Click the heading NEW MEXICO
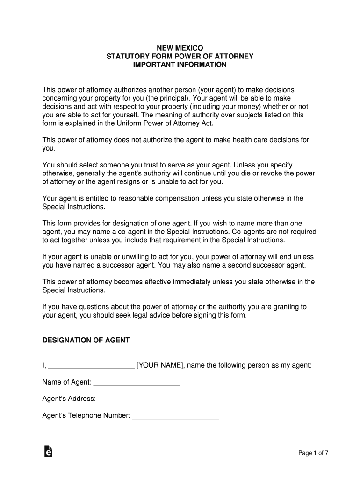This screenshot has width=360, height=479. (180, 47)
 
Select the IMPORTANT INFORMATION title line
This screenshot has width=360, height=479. (180, 65)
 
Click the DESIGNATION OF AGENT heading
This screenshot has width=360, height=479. (86, 341)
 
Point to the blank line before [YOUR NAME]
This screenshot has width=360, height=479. (91, 366)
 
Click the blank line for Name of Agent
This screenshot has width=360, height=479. (137, 383)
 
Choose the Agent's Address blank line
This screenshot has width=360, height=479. (184, 400)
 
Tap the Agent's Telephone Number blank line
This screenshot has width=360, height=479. (175, 417)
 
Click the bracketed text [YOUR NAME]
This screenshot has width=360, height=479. (159, 365)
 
